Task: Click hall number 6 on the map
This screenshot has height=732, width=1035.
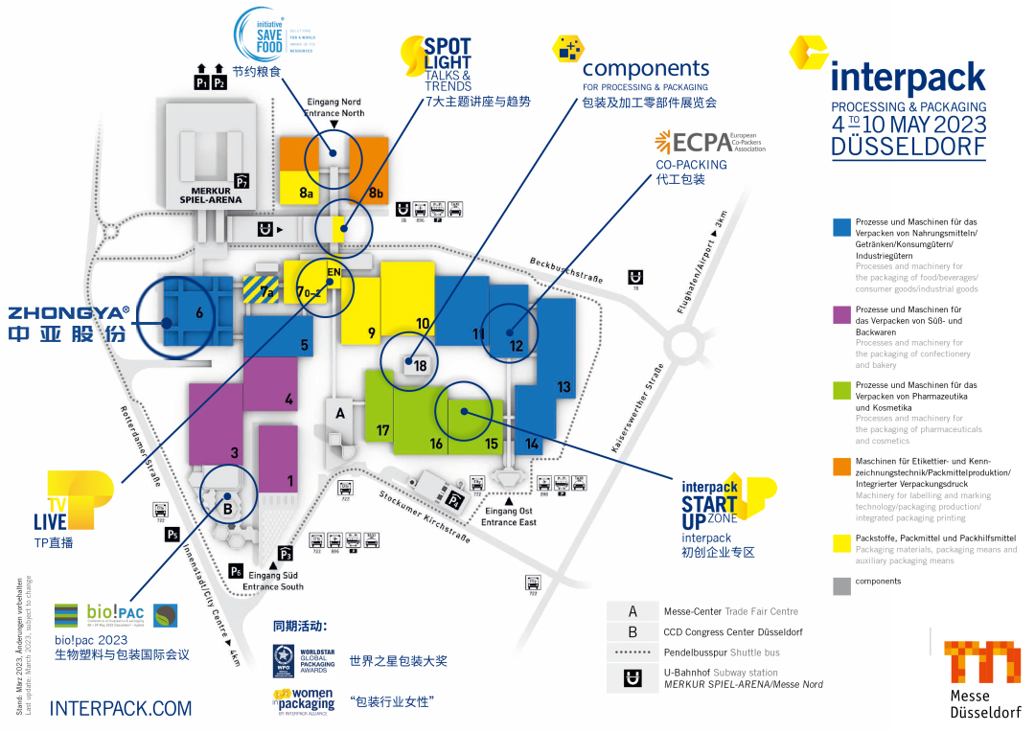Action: point(198,311)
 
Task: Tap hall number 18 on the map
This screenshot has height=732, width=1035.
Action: point(420,364)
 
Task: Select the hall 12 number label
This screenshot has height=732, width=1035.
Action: point(516,345)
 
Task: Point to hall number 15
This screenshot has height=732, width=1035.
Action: point(491,444)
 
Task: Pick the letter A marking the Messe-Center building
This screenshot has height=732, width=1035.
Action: point(338,414)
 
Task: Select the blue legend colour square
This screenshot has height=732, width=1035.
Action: point(841,227)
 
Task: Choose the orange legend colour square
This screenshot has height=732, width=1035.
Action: point(841,467)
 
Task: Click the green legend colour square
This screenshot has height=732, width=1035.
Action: point(841,390)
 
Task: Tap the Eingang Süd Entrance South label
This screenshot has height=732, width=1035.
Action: point(273,581)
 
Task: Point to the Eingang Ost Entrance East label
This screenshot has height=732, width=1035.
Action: point(509,516)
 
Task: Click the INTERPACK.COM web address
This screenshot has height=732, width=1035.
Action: point(121,708)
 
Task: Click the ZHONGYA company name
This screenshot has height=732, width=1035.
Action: point(69,312)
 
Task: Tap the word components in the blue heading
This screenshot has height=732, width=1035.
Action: point(646,69)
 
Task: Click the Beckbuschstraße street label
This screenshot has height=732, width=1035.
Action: point(565,270)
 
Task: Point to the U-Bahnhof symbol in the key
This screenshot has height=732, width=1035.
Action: point(632,677)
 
